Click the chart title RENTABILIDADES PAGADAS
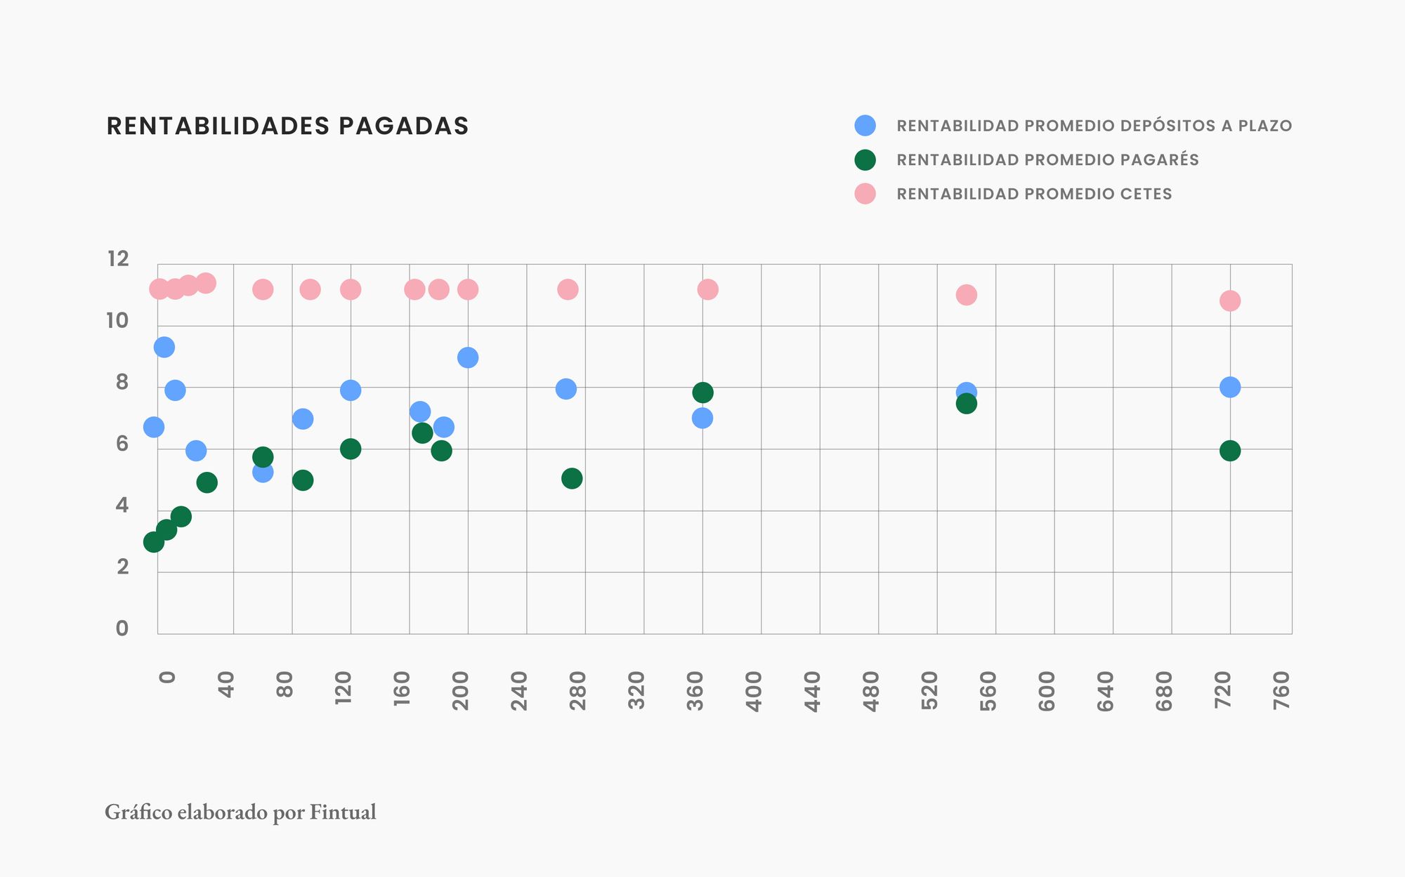click(287, 126)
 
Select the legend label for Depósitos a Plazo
click(1094, 126)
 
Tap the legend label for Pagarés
click(1047, 160)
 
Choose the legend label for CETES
click(1034, 194)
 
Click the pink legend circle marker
click(865, 194)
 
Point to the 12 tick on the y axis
click(118, 259)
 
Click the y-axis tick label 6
click(122, 444)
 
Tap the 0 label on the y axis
click(122, 628)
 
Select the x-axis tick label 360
click(695, 691)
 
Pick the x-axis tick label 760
click(1281, 691)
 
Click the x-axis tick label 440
click(812, 691)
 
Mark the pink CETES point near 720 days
click(1229, 301)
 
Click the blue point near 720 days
click(1229, 387)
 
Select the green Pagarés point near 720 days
click(1229, 451)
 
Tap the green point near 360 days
click(702, 393)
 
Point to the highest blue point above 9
click(164, 347)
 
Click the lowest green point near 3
click(153, 542)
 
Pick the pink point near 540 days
click(966, 295)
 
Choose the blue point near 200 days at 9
click(468, 357)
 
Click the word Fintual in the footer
click(343, 812)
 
